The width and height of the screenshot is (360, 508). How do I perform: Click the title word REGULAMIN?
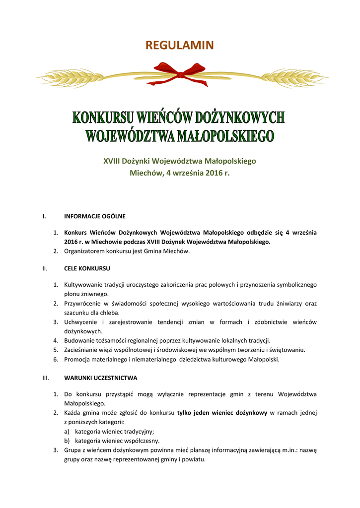tap(179, 46)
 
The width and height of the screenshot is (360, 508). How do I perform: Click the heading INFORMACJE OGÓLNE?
tap(95, 216)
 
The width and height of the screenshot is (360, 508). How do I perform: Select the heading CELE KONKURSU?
tap(87, 268)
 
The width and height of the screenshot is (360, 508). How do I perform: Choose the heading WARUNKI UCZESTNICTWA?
tap(101, 378)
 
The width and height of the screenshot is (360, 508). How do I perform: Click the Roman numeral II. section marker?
tap(45, 268)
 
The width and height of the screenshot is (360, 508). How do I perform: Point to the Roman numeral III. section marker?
tap(45, 378)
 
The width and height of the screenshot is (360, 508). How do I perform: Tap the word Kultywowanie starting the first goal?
tap(83, 285)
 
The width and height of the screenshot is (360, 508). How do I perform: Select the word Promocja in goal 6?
tap(76, 359)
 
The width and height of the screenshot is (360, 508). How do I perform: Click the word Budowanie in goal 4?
tap(78, 340)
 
